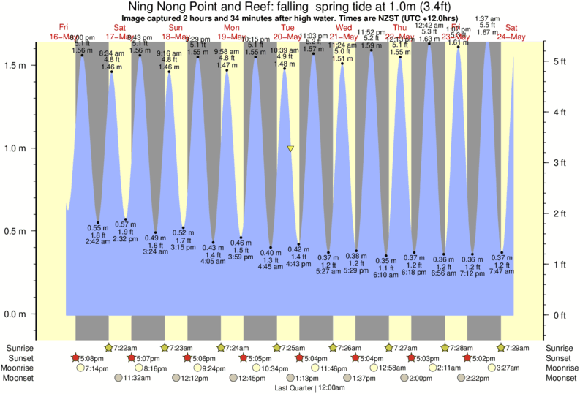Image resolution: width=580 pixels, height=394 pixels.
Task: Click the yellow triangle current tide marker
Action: pos(290,148)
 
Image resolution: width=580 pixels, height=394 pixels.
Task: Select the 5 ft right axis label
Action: pos(561,61)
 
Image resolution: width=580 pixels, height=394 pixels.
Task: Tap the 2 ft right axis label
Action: pos(561,213)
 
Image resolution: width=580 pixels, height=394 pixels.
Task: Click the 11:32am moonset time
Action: pos(136,379)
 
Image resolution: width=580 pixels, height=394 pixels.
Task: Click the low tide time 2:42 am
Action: pos(98,240)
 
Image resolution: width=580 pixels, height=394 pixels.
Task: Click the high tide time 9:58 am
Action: pos(226,52)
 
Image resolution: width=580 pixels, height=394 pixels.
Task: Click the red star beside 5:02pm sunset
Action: pos(467,358)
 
